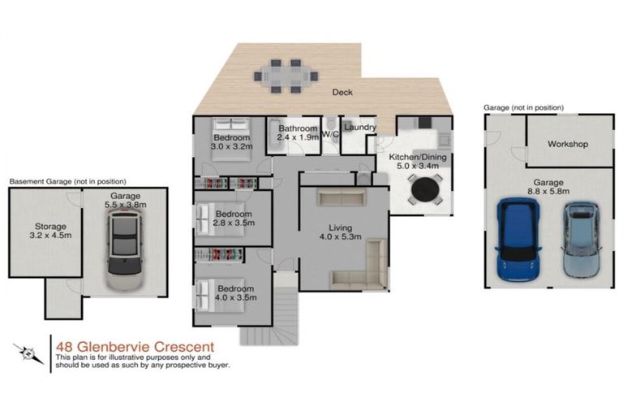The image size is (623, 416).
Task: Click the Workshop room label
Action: click(567, 145)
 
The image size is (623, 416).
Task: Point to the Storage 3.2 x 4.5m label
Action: click(45, 232)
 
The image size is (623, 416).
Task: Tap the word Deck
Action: click(342, 93)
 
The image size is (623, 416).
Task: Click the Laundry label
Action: click(359, 128)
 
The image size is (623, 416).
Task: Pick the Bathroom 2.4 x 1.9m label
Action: click(296, 133)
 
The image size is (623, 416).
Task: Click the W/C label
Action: click(330, 133)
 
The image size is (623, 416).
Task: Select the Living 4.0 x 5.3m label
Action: click(336, 234)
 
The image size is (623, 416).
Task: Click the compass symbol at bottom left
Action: click(28, 353)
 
